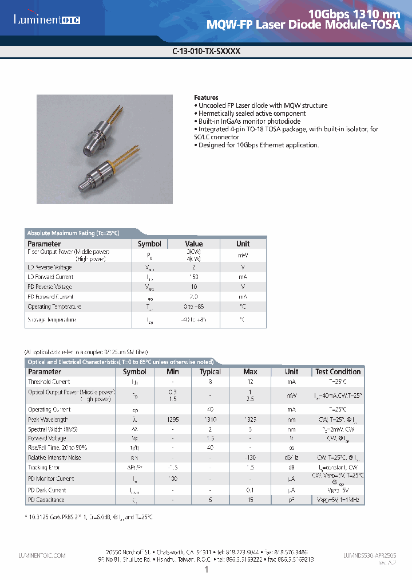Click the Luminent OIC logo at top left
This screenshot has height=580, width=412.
(x=47, y=20)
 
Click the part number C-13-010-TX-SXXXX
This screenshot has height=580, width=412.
(x=206, y=50)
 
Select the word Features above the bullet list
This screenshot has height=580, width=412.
(x=206, y=97)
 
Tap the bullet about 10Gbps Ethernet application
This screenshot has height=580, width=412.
(x=258, y=146)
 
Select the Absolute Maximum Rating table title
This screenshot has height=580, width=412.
(x=73, y=233)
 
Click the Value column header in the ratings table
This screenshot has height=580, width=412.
(x=194, y=244)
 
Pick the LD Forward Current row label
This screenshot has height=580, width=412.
(x=51, y=277)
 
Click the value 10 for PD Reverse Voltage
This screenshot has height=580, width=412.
(x=194, y=287)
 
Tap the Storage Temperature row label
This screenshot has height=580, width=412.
(x=52, y=320)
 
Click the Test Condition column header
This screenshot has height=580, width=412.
(x=338, y=371)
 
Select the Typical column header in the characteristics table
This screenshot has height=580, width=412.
(x=210, y=371)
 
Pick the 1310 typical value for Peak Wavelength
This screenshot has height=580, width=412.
(x=210, y=420)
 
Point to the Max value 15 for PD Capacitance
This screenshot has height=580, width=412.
(x=250, y=500)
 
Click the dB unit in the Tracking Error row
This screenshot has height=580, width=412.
(x=292, y=468)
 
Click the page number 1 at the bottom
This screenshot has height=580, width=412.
(x=206, y=570)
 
